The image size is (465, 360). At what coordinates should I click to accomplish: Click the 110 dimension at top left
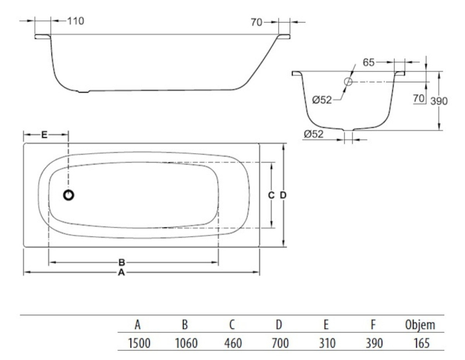tap(76, 21)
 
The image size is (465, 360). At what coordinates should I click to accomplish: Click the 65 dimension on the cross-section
tap(369, 63)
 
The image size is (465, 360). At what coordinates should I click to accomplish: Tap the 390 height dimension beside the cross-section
tap(439, 101)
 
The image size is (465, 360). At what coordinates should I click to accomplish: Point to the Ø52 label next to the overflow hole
tap(322, 100)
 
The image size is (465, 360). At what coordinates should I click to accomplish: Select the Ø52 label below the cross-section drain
tap(313, 134)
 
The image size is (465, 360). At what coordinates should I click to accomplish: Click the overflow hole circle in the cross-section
tap(348, 81)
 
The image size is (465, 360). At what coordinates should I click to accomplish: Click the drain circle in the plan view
tap(69, 195)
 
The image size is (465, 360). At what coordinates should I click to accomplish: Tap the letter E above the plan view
tap(44, 135)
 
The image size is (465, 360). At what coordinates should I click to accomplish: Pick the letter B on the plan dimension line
tap(121, 262)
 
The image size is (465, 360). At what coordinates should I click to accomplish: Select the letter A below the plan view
tap(121, 272)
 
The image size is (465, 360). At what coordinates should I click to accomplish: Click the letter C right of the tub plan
tap(271, 195)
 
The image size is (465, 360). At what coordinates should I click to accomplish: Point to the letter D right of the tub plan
tap(283, 195)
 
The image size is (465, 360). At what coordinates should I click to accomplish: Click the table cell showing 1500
tap(139, 343)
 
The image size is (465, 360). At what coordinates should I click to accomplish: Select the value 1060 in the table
tap(186, 343)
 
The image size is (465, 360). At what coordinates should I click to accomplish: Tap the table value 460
tap(233, 343)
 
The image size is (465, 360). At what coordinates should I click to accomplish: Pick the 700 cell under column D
tap(280, 343)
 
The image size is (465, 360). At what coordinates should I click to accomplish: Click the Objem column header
tap(420, 325)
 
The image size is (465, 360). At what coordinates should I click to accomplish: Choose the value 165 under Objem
tap(421, 343)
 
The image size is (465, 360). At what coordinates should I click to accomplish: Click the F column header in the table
tap(373, 325)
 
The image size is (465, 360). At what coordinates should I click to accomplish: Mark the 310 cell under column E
tap(327, 343)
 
